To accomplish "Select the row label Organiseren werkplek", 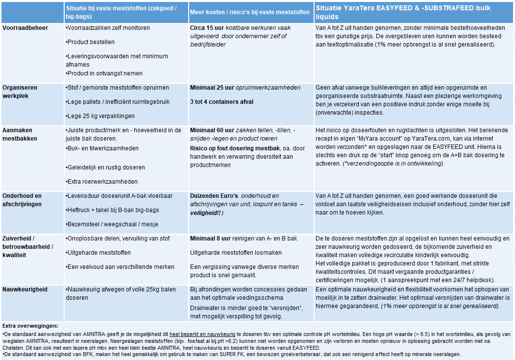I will coord(20,92).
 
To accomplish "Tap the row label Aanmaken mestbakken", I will coord(19,134).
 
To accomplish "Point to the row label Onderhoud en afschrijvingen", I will coord(22,200).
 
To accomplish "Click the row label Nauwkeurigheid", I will coord(25,289).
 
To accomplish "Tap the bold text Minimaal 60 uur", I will coord(213,130).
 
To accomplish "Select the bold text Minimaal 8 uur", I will coord(211,239).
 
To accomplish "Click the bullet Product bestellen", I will coord(91,42).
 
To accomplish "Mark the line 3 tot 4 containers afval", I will coord(221,101).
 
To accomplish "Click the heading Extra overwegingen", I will coord(30,326).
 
